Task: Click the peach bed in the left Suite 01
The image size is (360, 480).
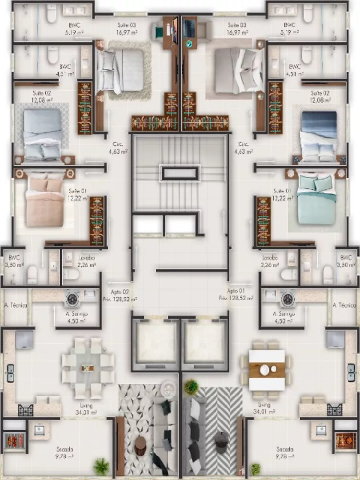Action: click(x=45, y=202)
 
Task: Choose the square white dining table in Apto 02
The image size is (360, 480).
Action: click(x=87, y=368)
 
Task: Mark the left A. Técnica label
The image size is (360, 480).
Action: click(x=15, y=305)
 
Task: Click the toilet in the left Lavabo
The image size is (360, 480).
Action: click(x=71, y=274)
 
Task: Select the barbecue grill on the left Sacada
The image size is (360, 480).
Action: click(x=13, y=440)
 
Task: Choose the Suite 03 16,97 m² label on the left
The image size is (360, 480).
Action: click(x=127, y=28)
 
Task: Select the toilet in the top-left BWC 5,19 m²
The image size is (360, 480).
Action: click(x=51, y=14)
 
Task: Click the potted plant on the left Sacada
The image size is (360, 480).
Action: click(x=101, y=466)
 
